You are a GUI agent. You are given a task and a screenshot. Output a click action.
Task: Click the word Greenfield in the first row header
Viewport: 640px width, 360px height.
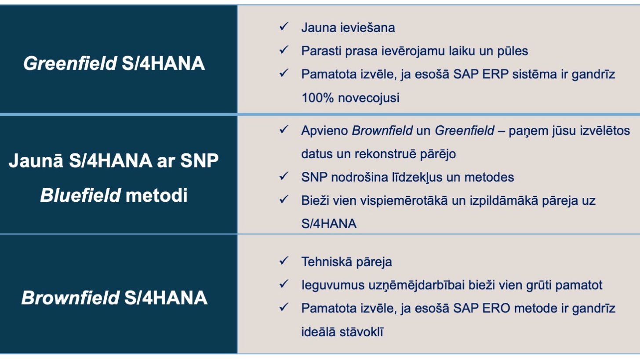point(70,63)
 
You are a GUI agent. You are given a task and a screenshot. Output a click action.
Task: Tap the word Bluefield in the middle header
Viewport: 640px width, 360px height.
point(80,196)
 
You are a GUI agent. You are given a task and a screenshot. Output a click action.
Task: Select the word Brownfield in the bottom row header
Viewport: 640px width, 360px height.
point(70,298)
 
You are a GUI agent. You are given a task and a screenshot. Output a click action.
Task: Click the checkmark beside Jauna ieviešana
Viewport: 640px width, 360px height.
point(284,26)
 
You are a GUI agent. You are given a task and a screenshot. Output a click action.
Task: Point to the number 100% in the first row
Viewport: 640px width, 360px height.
point(317,98)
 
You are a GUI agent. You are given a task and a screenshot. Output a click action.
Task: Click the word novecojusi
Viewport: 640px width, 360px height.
point(368,98)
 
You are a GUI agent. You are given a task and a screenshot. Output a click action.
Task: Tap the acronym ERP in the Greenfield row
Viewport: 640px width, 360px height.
point(495,74)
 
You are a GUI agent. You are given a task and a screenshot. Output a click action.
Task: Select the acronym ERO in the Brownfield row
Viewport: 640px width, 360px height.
point(496,308)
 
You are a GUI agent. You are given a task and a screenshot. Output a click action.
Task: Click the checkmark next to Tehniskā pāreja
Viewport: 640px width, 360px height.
point(284,261)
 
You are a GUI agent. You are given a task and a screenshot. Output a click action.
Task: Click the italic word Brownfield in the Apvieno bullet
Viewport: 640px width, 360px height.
point(382,131)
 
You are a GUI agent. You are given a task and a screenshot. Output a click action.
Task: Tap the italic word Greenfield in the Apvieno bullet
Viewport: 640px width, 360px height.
point(465,131)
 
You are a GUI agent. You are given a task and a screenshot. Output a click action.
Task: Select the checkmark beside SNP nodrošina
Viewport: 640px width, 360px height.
point(284,176)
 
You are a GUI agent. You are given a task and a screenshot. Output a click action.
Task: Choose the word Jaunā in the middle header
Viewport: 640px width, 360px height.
point(36,160)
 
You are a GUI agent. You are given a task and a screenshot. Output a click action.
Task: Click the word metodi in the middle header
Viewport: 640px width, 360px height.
point(156,196)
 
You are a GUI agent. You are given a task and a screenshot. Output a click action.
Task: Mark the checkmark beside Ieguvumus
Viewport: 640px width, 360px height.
point(284,284)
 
